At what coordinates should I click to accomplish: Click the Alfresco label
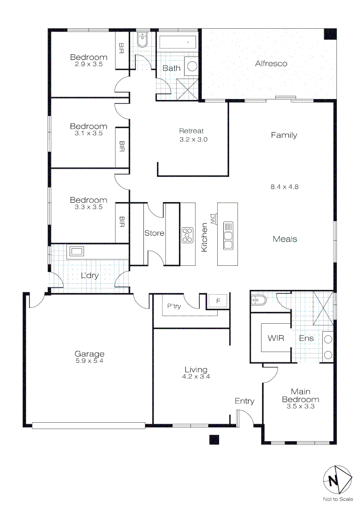(271, 63)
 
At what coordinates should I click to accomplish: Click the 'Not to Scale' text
(337, 499)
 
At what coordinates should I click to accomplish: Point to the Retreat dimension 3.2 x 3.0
(193, 140)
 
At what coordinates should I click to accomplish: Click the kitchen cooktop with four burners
(188, 235)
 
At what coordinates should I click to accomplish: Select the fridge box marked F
(218, 300)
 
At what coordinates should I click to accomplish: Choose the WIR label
(276, 338)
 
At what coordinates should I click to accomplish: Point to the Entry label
(245, 401)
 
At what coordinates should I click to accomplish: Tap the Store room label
(154, 233)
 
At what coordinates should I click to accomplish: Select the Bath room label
(172, 68)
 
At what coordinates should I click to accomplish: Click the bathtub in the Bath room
(178, 42)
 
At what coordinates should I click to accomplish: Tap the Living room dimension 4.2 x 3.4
(196, 377)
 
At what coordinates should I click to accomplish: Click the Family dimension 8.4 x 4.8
(284, 186)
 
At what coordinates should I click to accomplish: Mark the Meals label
(285, 239)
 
